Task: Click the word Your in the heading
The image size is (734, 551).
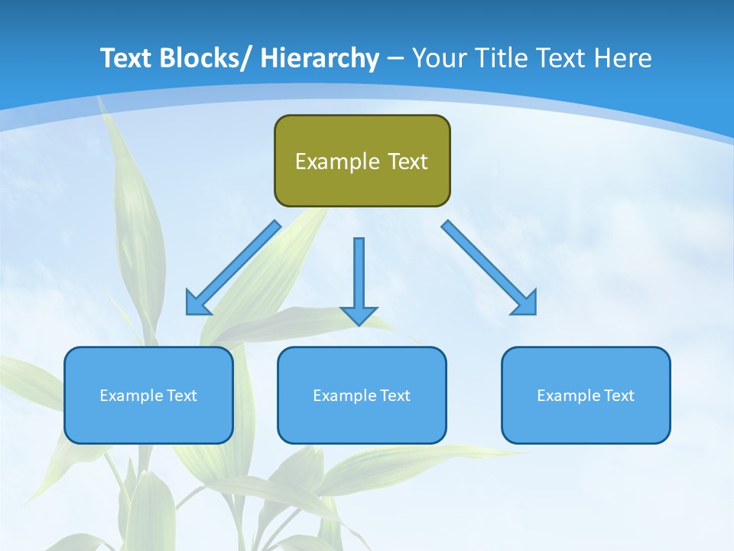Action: click(438, 58)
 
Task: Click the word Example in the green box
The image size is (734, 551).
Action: click(337, 161)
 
